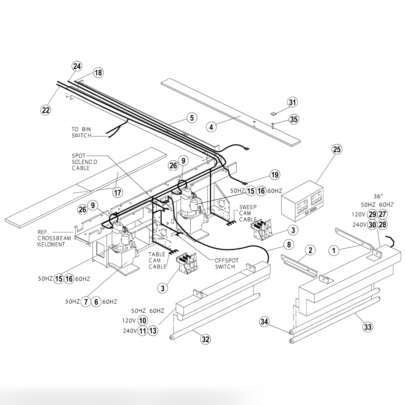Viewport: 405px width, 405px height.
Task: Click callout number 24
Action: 77,66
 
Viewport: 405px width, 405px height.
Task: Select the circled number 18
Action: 98,73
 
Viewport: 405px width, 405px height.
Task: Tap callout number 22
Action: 46,110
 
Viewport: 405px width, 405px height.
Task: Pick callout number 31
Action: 293,102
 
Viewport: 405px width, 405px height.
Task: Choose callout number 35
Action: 294,119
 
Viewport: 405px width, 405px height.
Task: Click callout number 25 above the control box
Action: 337,149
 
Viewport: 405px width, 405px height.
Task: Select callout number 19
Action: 275,175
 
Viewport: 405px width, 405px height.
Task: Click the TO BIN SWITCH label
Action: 81,132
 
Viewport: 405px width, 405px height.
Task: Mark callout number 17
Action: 118,192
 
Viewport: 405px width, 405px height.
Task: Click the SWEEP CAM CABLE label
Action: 248,213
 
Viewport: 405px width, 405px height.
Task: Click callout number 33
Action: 368,327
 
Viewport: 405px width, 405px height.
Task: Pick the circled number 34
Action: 264,322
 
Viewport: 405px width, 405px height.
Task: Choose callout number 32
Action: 205,339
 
